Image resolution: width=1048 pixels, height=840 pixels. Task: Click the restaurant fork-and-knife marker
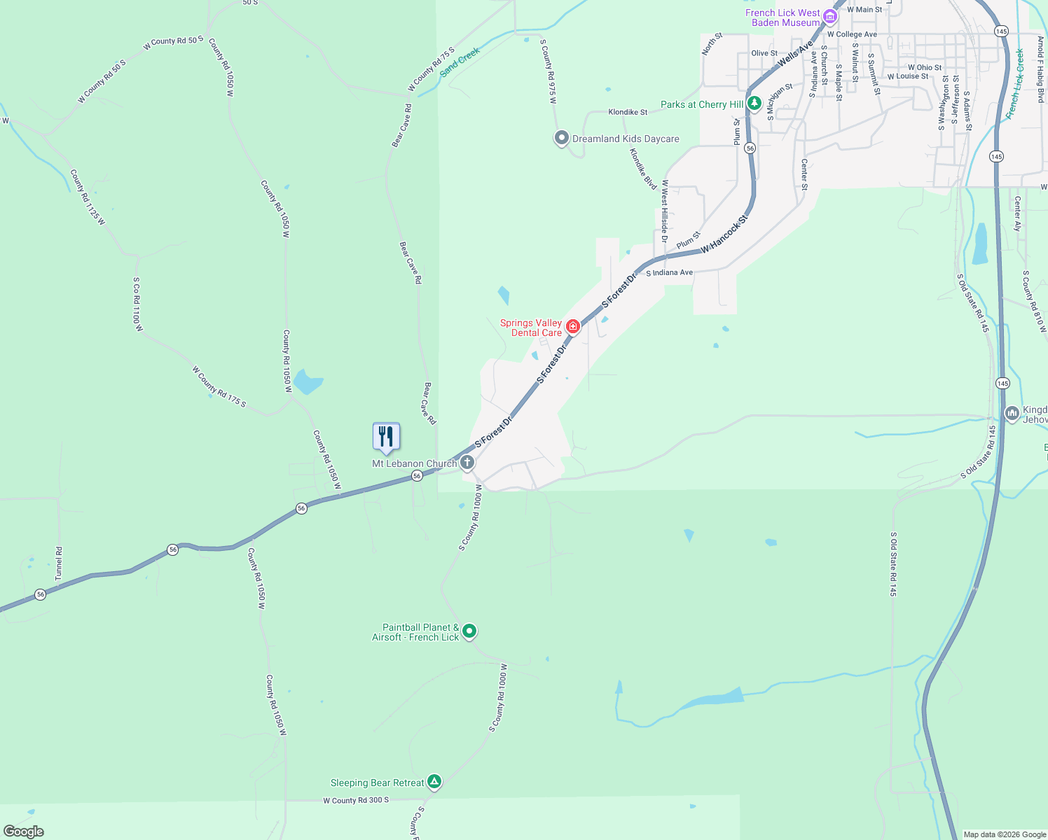(x=386, y=437)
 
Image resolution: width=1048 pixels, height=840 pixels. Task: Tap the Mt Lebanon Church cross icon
(x=467, y=463)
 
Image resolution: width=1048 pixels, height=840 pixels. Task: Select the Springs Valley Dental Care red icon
(x=573, y=326)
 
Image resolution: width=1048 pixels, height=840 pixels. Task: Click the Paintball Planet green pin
(x=469, y=631)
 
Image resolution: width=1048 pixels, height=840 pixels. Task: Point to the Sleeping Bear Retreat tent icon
(x=434, y=781)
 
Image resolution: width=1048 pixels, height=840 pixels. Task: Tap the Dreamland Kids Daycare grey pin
(x=561, y=138)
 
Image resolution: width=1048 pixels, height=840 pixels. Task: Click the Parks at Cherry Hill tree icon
(x=754, y=104)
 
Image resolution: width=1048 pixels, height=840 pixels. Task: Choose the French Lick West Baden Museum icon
(x=830, y=16)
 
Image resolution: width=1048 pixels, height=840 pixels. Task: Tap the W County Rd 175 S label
(x=219, y=386)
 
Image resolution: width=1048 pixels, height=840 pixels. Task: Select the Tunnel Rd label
(x=59, y=563)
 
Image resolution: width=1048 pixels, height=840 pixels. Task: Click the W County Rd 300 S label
(x=356, y=800)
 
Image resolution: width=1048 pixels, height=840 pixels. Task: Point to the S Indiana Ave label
(x=669, y=272)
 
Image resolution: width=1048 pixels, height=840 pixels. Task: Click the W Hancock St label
(x=724, y=234)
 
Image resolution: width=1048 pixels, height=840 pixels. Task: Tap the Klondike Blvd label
(x=642, y=169)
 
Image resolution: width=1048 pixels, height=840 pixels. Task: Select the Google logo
(x=23, y=832)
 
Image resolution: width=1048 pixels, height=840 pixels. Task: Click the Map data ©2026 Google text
(x=1004, y=834)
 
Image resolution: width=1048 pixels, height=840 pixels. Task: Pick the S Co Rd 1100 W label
(x=139, y=304)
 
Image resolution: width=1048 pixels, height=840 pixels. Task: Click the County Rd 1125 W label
(x=87, y=197)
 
